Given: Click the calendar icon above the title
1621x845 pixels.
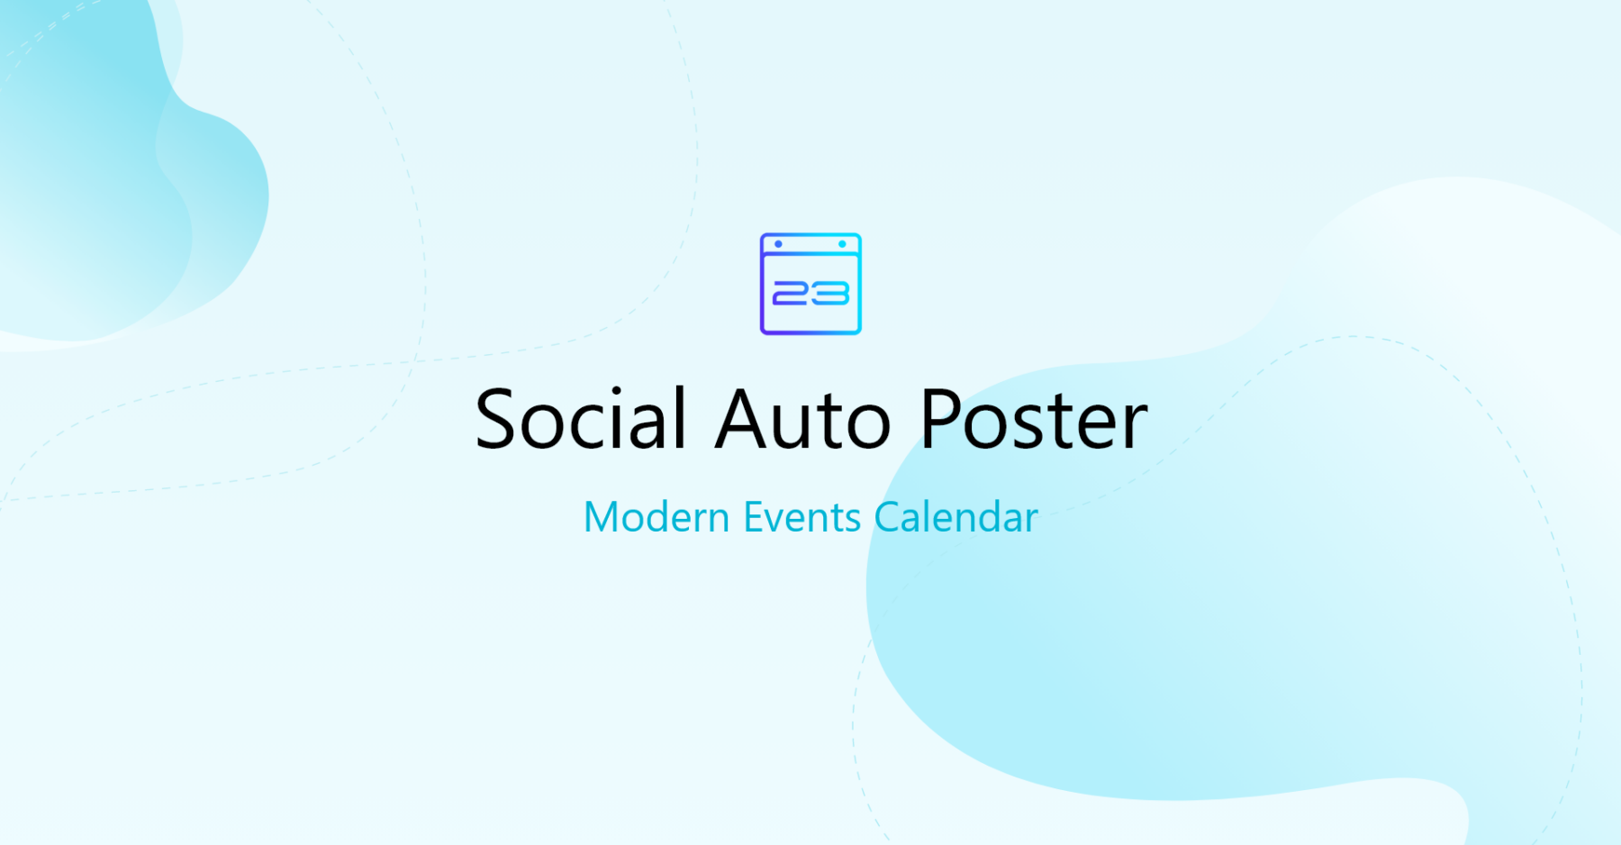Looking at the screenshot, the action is pos(810,284).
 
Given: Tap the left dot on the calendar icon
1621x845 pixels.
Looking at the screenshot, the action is pos(779,244).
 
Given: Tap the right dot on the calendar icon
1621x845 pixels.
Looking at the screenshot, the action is pos(842,244).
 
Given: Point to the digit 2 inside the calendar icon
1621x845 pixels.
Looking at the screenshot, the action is pos(792,294).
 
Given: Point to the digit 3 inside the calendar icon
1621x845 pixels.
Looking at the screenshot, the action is pos(830,294).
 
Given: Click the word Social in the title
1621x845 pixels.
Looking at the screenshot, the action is pos(581,419).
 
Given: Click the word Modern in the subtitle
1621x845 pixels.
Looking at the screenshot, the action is pos(657,518).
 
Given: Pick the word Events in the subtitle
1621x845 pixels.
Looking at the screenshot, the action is pos(801,518).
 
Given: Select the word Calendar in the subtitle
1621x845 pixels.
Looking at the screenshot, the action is pos(955,518).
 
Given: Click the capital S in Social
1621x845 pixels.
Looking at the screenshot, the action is pos(499,420).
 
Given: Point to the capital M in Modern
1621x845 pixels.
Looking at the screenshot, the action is pos(602,518).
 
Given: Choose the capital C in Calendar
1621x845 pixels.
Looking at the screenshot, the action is pos(888,518).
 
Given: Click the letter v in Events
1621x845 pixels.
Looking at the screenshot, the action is pos(779,522).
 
